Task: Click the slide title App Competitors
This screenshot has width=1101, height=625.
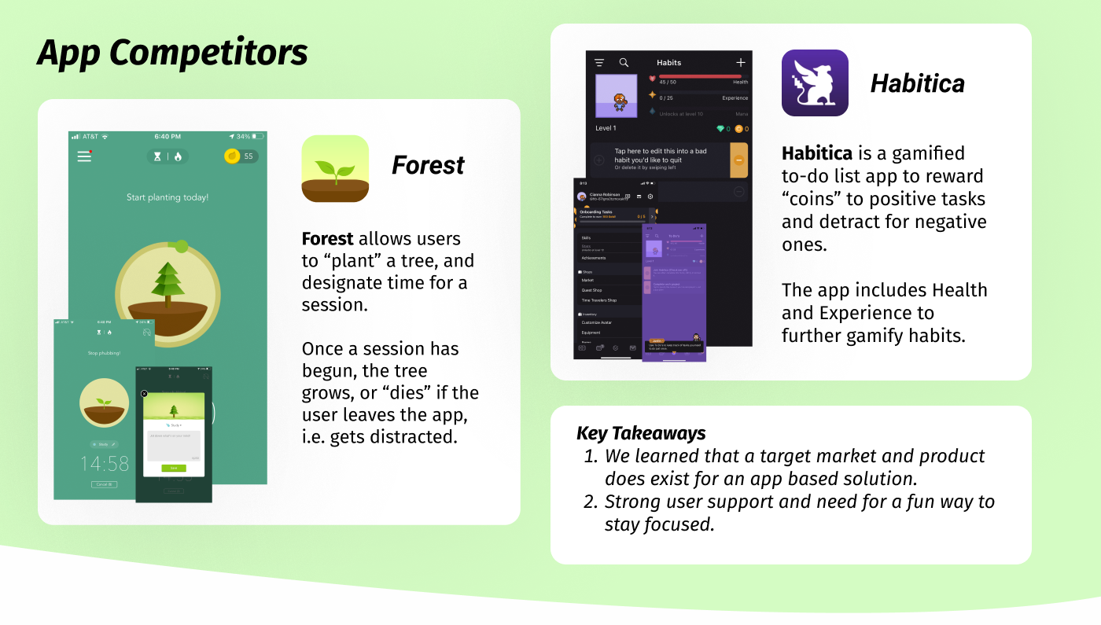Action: (x=172, y=53)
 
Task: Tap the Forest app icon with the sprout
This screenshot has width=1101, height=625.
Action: (x=335, y=168)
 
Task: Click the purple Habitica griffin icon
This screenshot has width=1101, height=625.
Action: (x=815, y=83)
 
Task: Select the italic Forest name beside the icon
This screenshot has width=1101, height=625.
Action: (x=428, y=165)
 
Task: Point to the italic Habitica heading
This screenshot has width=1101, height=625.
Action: (x=917, y=83)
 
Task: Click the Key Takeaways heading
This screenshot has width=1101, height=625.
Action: (x=641, y=433)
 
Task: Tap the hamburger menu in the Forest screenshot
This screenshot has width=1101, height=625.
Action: (x=84, y=156)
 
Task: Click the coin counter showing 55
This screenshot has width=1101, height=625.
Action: (x=241, y=156)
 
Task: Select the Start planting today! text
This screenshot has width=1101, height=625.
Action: (x=168, y=197)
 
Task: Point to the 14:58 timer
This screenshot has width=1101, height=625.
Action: (x=104, y=463)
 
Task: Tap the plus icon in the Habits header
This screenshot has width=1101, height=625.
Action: (x=740, y=62)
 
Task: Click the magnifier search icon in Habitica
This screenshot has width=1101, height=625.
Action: (x=624, y=62)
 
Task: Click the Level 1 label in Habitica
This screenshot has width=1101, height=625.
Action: (x=606, y=128)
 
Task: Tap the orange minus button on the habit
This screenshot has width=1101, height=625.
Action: (x=738, y=160)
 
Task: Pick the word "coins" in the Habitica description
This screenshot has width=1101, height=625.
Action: (x=812, y=199)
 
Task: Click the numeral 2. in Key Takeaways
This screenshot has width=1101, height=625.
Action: (x=591, y=502)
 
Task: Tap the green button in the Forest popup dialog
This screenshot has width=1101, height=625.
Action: (x=174, y=468)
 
